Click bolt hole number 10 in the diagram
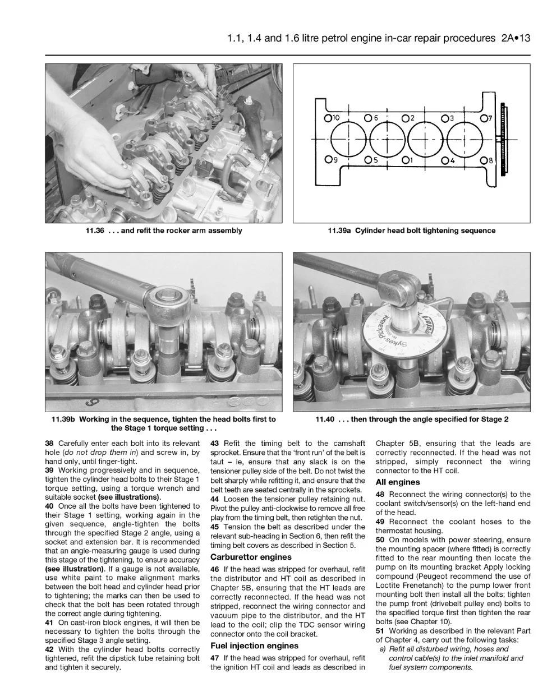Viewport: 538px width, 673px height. (x=328, y=118)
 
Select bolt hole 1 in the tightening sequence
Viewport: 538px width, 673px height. (x=406, y=160)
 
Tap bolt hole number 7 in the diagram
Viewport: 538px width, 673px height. (x=484, y=118)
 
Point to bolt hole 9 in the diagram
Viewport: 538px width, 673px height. (x=328, y=159)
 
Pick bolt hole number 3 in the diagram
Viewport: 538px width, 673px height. (x=445, y=118)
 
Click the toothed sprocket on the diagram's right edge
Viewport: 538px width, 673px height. (x=503, y=139)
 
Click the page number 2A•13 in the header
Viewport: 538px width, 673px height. (x=516, y=38)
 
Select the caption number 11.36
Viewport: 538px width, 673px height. (x=95, y=231)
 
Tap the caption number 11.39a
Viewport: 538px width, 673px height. (x=339, y=231)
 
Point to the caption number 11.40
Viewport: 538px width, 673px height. (x=325, y=419)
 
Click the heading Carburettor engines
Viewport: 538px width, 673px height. (x=251, y=557)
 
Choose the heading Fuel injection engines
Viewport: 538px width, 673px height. (x=254, y=646)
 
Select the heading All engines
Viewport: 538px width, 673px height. (x=398, y=482)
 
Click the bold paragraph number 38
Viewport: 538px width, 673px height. (x=49, y=444)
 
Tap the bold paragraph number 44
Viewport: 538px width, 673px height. (x=214, y=499)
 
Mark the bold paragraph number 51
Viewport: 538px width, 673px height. (x=380, y=631)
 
